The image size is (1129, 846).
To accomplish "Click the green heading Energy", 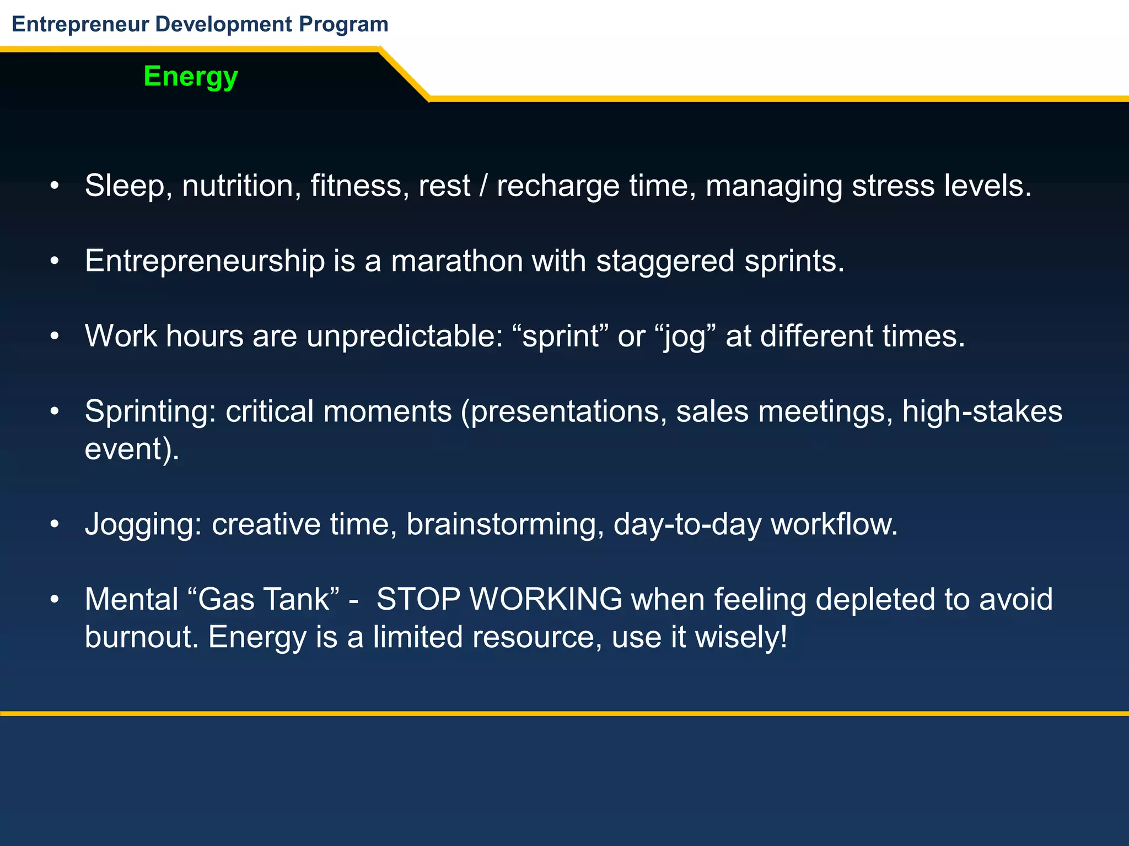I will coord(190,77).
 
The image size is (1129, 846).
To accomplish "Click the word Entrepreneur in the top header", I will coord(80,24).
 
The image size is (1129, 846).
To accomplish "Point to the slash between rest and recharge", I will coord(483,186).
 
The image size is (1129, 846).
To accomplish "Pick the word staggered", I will coord(665,262).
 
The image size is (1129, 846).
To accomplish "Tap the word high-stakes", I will coord(982,411).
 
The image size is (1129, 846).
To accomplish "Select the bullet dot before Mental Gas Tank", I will coord(54,599).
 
